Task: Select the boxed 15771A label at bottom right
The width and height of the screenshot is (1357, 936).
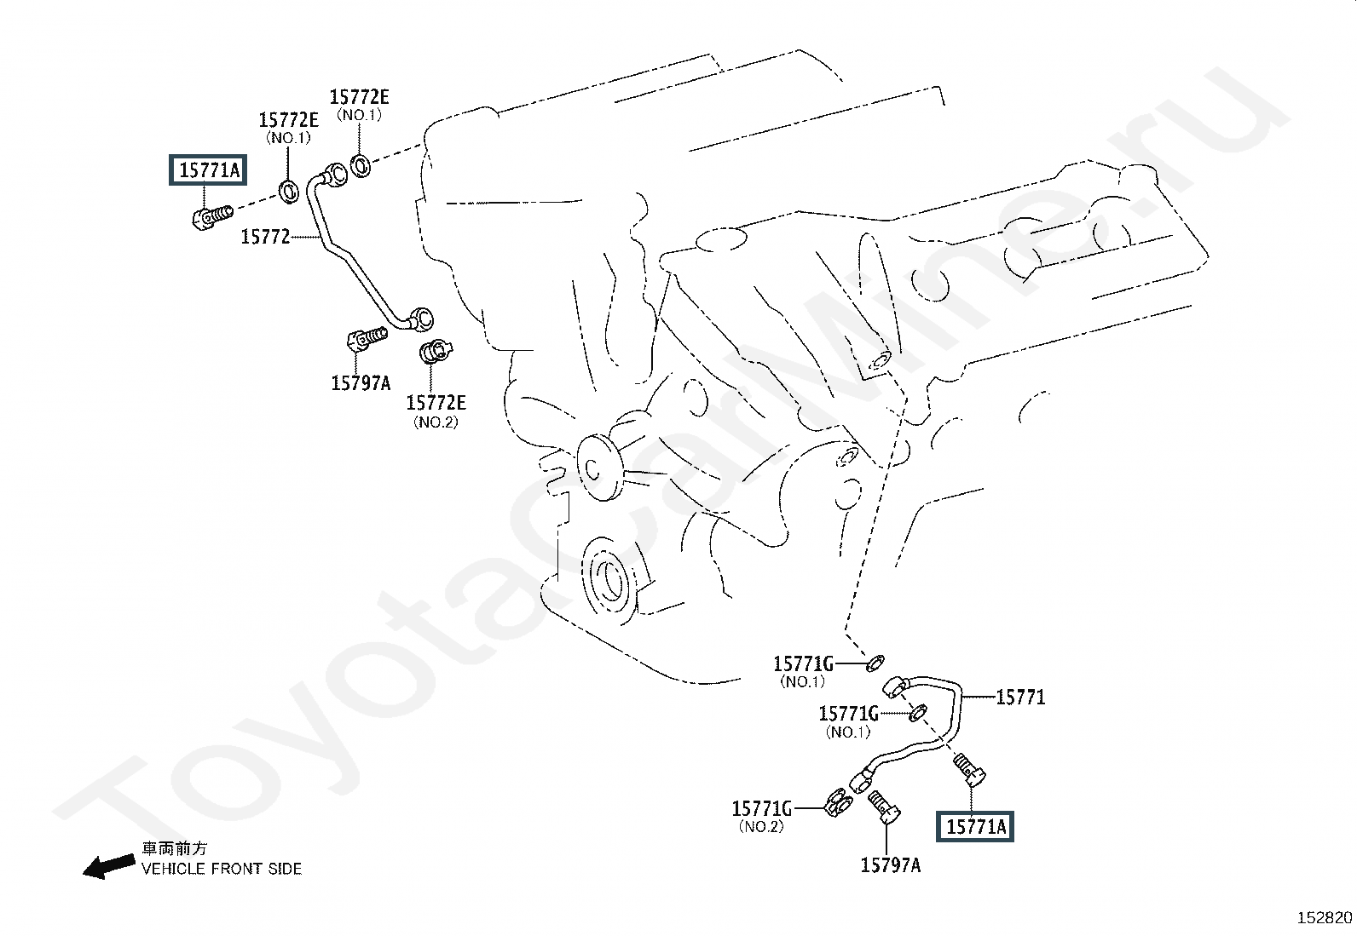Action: coord(976,825)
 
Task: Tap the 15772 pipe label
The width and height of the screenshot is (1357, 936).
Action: coord(265,237)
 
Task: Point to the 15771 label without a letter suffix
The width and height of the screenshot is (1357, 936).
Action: coord(1020,698)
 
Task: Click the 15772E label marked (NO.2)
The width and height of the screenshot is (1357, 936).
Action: coord(436,403)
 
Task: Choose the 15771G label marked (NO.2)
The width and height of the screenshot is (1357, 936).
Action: coord(761,807)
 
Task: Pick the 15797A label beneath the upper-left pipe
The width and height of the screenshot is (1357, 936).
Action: coord(361,383)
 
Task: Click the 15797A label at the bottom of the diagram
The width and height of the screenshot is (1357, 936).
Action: coord(890,865)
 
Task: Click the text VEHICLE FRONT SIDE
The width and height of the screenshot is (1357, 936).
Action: coord(222,869)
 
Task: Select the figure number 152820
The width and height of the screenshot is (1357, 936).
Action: coord(1325,917)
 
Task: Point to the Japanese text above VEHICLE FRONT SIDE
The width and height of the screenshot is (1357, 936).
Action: coord(174,848)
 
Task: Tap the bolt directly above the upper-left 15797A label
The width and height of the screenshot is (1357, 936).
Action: coord(367,340)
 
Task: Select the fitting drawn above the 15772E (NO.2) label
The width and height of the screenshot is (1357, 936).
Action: coord(436,351)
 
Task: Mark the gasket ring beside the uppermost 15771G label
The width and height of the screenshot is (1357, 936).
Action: coord(875,661)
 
